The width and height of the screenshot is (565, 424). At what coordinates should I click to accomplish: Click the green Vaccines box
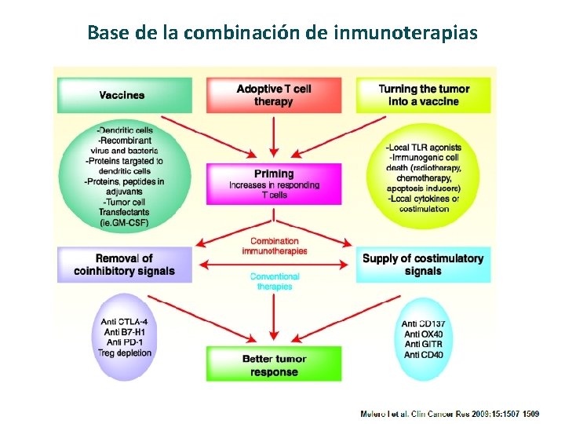point(122,95)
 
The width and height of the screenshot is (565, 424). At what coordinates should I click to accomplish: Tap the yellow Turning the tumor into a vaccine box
point(424,95)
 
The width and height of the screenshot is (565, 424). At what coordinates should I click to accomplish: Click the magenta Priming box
point(274,185)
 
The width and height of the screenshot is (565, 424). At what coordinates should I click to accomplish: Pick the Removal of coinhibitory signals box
point(124,265)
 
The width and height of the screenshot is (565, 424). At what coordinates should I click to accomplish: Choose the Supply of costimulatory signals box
point(424,265)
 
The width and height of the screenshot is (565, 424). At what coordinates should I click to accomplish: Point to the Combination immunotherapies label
point(274,246)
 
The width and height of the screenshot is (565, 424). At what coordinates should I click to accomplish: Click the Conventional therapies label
point(274,281)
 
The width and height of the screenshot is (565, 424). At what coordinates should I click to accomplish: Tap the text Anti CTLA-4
point(125,322)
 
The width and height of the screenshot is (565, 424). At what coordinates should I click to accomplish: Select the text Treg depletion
point(125,353)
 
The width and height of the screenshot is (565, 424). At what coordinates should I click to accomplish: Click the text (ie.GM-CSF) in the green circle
point(125,223)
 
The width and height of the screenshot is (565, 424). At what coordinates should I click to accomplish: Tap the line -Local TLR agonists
point(424,148)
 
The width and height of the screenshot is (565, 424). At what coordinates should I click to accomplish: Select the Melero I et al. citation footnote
point(450,413)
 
